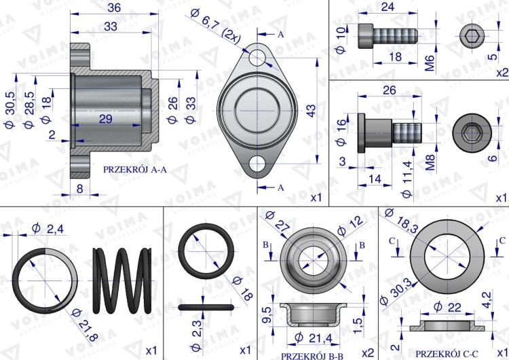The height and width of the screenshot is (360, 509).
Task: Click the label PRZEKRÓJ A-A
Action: [135, 170]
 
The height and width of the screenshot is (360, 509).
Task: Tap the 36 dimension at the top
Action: [114, 7]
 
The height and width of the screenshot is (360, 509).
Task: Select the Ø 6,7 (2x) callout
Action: [216, 26]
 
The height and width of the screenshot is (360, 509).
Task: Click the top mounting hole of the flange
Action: [257, 58]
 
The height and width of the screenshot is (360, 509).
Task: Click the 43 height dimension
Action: [311, 111]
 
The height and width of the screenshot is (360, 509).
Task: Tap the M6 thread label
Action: [430, 63]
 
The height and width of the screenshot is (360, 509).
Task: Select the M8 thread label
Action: [430, 162]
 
